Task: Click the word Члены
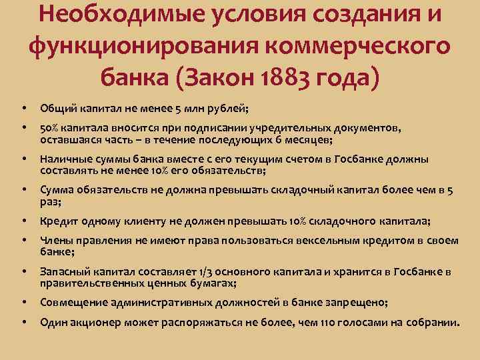(x=55, y=241)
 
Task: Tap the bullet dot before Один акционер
(x=24, y=323)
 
